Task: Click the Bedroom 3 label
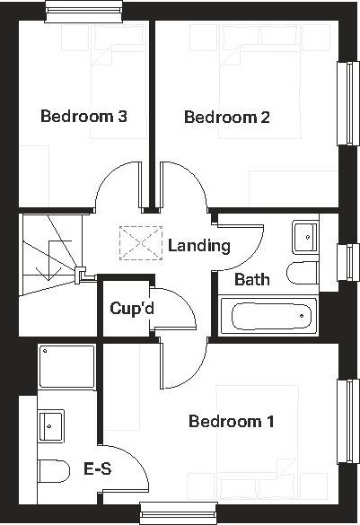tap(83, 117)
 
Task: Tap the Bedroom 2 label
tap(227, 117)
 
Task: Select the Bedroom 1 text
tap(231, 421)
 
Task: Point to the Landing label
tap(199, 245)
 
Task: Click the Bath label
tap(251, 279)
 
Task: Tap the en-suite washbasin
tap(51, 424)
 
